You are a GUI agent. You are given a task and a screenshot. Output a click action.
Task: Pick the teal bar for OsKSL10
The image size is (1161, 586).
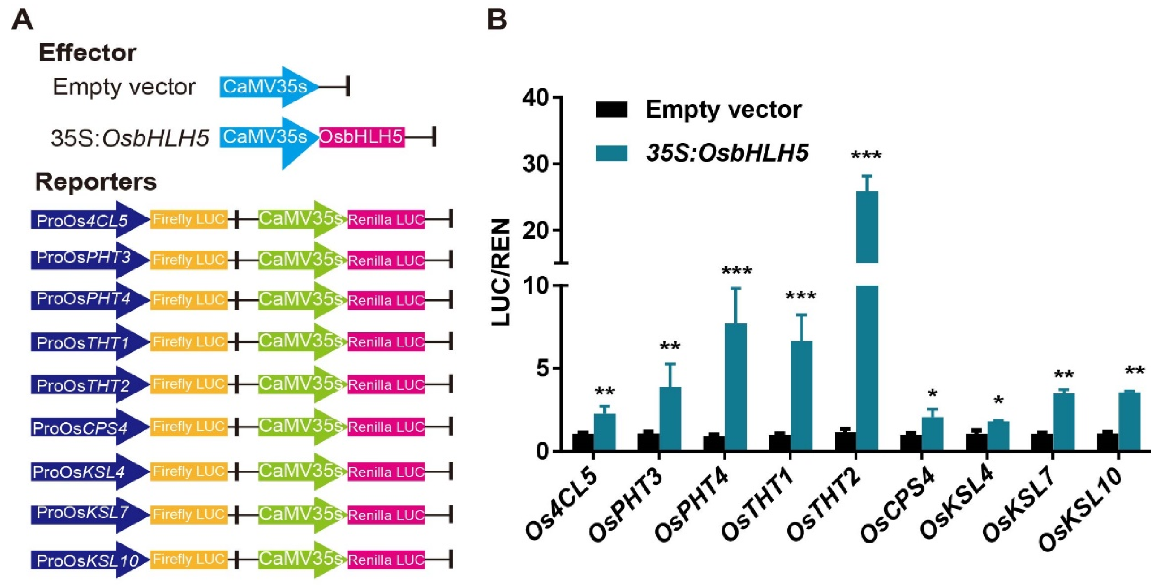1129,421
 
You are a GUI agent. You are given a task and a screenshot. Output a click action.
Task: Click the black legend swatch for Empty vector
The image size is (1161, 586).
611,110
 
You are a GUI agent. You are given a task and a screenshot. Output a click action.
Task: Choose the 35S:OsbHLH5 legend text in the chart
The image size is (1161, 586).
727,153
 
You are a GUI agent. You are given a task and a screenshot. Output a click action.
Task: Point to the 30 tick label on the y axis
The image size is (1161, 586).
536,164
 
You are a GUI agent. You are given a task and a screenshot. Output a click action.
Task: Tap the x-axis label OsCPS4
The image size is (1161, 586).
897,507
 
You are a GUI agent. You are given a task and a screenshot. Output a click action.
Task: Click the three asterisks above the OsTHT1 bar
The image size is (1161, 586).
800,296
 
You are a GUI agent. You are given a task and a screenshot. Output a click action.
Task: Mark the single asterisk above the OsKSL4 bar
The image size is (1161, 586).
998,400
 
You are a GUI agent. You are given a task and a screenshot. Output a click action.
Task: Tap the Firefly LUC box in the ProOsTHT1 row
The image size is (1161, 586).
188,342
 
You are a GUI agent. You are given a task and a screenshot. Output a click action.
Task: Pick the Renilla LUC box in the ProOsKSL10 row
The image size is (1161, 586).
386,560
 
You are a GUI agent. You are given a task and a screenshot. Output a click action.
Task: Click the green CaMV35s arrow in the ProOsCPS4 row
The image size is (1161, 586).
300,426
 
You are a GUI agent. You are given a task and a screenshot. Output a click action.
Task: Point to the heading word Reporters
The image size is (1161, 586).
95,182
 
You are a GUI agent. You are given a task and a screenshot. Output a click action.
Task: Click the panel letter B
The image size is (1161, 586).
497,21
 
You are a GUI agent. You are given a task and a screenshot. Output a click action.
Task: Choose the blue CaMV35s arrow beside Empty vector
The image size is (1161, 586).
266,87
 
